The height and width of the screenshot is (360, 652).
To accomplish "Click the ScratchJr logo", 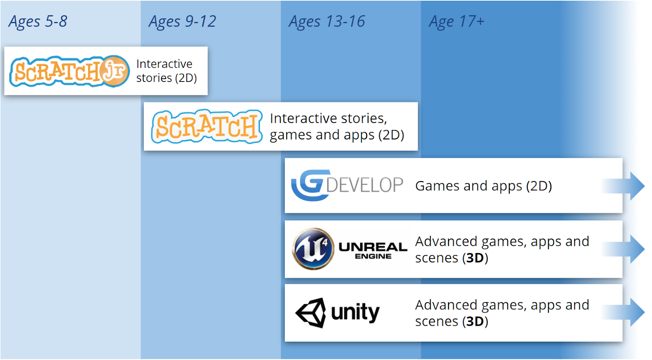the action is (69, 71).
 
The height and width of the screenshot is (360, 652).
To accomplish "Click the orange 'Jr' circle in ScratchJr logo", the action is (115, 71).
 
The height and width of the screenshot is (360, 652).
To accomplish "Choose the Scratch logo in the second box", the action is (207, 126).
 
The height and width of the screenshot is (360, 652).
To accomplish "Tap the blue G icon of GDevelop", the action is (307, 185).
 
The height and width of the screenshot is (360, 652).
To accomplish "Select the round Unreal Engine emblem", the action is (313, 248).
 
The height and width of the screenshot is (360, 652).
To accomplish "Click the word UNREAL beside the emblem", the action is (373, 247).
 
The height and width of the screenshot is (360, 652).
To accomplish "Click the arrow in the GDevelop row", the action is (623, 186).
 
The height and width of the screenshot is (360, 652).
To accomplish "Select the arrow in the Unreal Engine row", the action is (623, 249).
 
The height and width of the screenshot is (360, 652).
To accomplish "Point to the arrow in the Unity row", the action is (623, 312).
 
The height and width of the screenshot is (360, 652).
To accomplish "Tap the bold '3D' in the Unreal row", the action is (475, 258).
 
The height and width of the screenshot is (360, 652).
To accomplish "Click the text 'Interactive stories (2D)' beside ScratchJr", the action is (167, 71).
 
